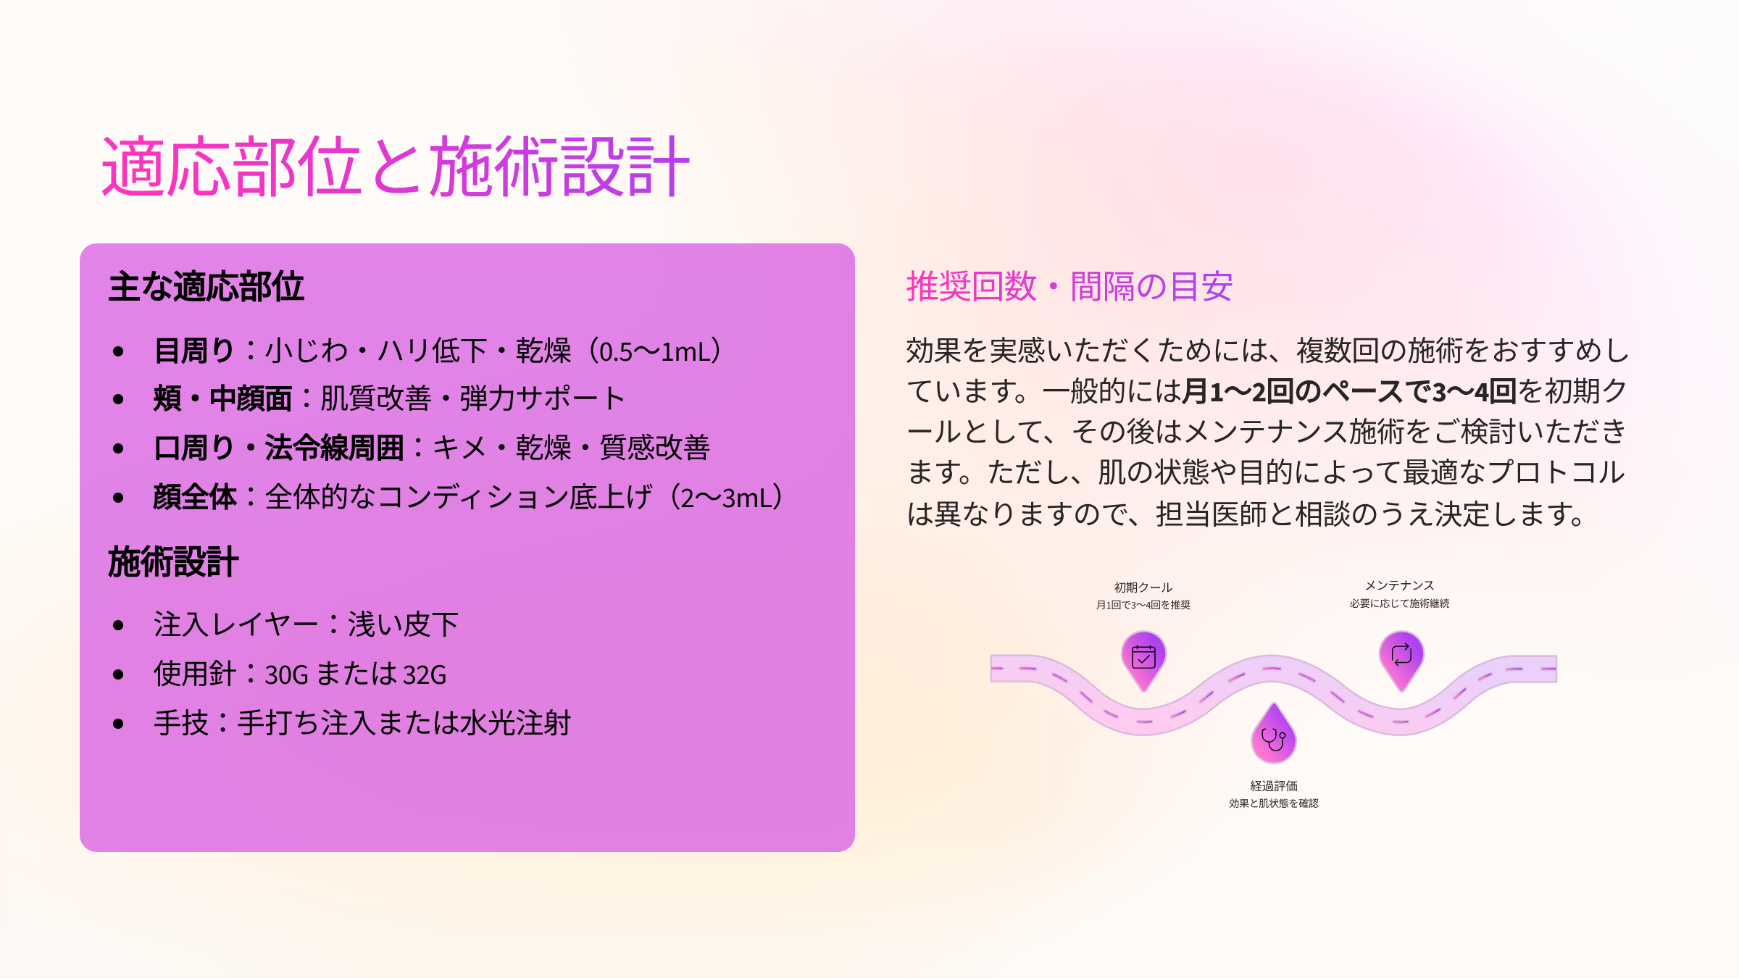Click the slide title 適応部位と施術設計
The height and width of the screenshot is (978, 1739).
click(x=396, y=167)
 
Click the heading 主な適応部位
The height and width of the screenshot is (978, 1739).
click(x=207, y=286)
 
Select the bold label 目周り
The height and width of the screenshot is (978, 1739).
click(x=194, y=351)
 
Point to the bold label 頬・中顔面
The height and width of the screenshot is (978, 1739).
click(x=222, y=398)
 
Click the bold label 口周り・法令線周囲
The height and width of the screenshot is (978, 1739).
click(x=279, y=448)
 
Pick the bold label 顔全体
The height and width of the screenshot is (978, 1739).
click(x=195, y=497)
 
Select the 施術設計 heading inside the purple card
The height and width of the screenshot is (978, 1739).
click(x=173, y=561)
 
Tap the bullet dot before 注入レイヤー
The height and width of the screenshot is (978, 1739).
click(x=119, y=625)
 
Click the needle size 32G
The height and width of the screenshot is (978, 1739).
click(x=425, y=675)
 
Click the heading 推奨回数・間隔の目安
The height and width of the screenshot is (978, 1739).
click(x=1069, y=286)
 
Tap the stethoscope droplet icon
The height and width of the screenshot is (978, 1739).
click(x=1274, y=734)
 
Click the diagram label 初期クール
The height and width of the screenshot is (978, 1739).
click(x=1143, y=588)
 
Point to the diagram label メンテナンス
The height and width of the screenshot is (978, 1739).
click(x=1400, y=585)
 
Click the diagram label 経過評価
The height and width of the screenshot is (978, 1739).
click(x=1274, y=786)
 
